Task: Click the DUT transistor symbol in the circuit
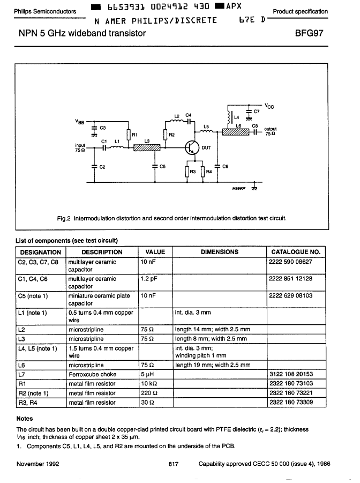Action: [192, 147]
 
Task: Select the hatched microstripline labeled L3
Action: [147, 148]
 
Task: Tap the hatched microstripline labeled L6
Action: [236, 132]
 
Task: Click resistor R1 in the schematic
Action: [129, 135]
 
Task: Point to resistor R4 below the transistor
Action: [202, 172]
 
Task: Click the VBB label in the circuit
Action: [79, 122]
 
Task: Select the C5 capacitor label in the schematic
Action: [162, 166]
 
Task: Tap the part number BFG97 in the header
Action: [309, 33]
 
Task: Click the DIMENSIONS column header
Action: [220, 252]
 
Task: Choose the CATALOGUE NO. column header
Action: [296, 252]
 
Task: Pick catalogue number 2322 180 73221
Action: [291, 393]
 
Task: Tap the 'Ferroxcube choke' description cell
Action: [92, 374]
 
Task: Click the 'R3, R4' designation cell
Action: [28, 402]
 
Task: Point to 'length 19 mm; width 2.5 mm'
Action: [213, 365]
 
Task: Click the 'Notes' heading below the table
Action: [25, 419]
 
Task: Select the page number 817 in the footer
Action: [174, 464]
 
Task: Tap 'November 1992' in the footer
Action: [38, 464]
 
